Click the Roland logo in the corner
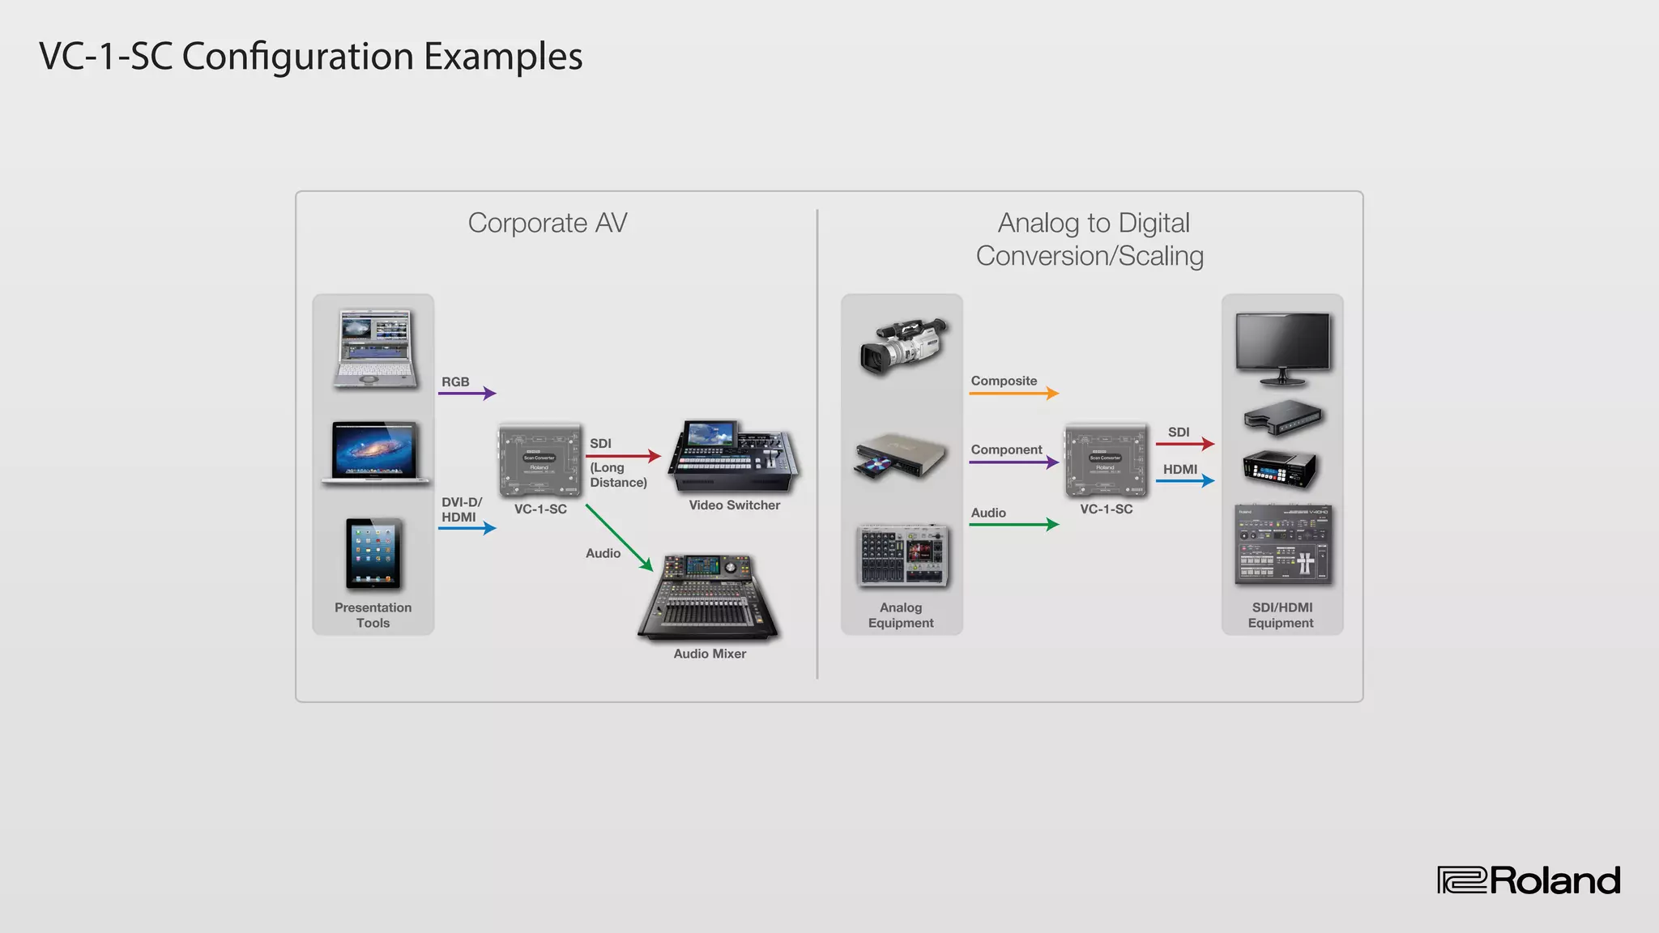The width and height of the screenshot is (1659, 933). click(1529, 880)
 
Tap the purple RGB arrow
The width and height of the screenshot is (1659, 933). click(467, 394)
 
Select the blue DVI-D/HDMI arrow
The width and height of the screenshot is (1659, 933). click(467, 528)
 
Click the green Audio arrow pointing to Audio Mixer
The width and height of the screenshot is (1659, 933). click(620, 538)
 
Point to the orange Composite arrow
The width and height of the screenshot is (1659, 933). click(1013, 394)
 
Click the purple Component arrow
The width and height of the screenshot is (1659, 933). click(1013, 462)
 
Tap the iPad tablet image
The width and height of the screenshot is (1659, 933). click(373, 554)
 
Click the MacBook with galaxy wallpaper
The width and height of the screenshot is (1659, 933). click(375, 453)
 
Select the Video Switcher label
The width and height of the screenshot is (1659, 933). click(734, 505)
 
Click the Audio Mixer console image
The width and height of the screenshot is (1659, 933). click(708, 598)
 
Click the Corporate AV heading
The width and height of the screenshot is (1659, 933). click(548, 223)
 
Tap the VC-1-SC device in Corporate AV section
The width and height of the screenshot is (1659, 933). click(539, 459)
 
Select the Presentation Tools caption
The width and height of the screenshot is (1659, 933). click(373, 616)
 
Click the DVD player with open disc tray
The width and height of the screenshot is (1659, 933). click(900, 456)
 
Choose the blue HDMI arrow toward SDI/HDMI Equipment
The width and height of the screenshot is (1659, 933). click(1184, 481)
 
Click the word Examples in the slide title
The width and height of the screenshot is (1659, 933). click(503, 57)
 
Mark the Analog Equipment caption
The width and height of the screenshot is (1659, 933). click(901, 616)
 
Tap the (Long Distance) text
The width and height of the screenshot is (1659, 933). click(618, 475)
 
